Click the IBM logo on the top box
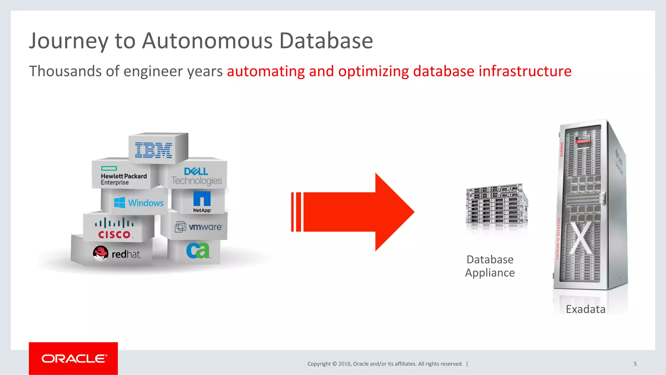point(153,150)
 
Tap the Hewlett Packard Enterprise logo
point(124,176)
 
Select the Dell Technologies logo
point(196,176)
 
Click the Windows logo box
point(139,203)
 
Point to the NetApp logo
point(202,202)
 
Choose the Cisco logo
point(114,229)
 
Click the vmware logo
point(199,227)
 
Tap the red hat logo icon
point(100,253)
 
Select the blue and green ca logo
point(198,250)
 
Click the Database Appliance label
point(490,266)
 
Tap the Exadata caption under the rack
point(585,309)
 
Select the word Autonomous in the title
point(207,41)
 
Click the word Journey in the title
point(68,41)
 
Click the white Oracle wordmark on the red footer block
point(74,358)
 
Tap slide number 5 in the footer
point(635,364)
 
